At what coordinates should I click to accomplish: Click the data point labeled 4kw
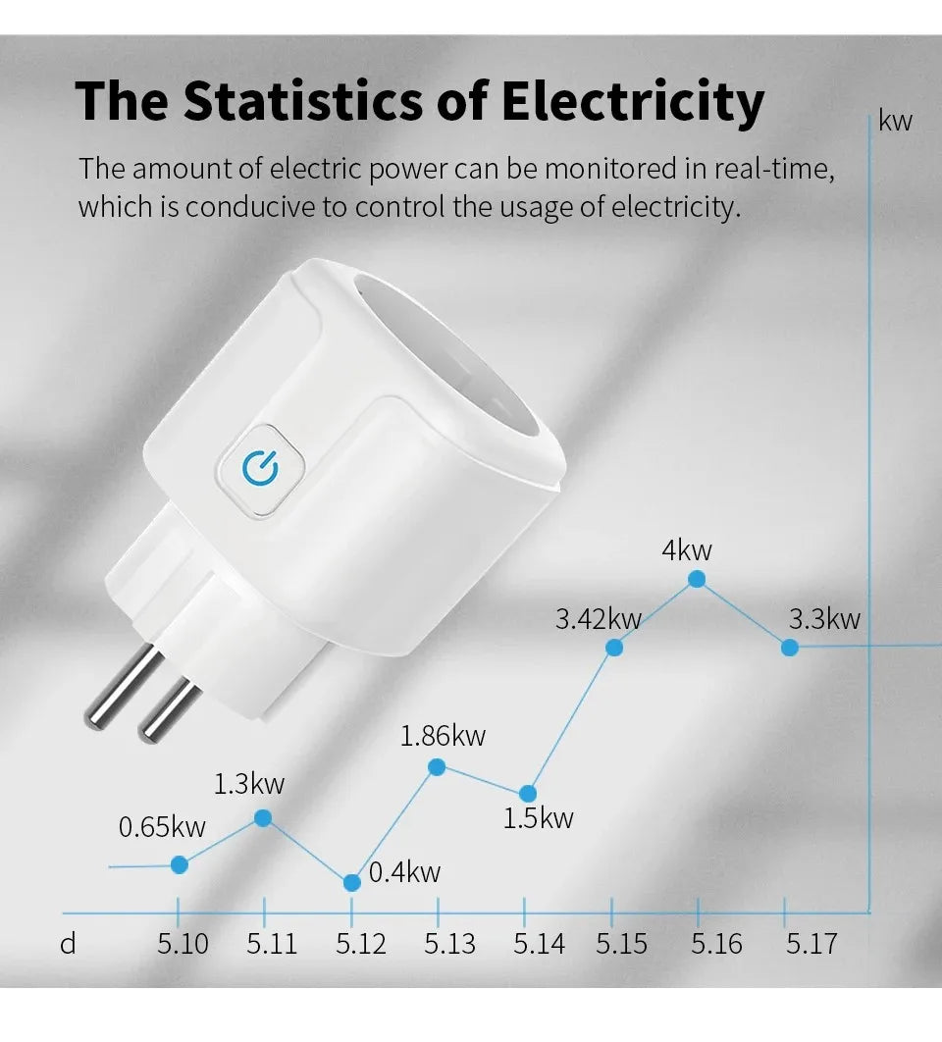click(697, 579)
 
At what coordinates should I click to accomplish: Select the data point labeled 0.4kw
click(351, 882)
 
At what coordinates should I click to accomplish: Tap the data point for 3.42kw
click(614, 647)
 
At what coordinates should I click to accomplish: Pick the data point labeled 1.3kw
click(263, 817)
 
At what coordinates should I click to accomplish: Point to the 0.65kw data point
click(179, 864)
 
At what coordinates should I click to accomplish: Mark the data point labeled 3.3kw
click(788, 647)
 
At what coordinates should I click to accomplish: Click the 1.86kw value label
click(443, 736)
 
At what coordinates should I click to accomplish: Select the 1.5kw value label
click(538, 817)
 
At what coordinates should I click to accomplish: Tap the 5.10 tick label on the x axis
click(183, 944)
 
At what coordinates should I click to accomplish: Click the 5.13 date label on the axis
click(449, 944)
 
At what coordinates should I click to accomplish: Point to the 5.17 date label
click(811, 944)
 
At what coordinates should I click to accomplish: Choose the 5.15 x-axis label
click(621, 944)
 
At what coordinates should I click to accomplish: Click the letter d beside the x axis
click(68, 944)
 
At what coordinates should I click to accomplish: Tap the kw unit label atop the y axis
click(895, 121)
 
